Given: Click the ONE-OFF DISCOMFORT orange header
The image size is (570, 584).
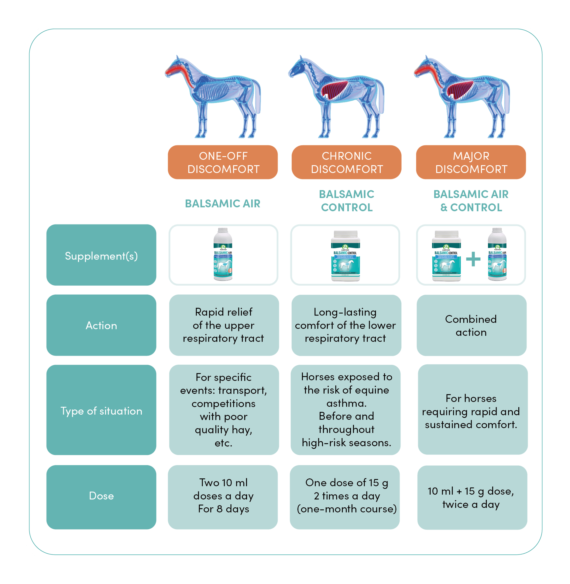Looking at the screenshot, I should tap(223, 162).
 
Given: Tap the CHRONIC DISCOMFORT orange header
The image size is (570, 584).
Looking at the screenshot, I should tap(346, 162).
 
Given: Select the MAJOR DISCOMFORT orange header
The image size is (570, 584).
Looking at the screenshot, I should tap(471, 162).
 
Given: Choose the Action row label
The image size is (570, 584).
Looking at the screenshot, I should tap(101, 325).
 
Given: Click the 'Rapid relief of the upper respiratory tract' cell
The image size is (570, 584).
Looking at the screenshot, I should tap(224, 325).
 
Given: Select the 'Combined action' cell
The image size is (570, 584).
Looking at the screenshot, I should tap(471, 325).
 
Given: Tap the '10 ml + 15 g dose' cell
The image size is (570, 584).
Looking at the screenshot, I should tap(472, 497).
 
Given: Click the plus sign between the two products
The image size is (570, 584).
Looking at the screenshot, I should tap(473, 259).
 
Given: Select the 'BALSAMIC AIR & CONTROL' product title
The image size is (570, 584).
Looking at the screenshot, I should tap(471, 200).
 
